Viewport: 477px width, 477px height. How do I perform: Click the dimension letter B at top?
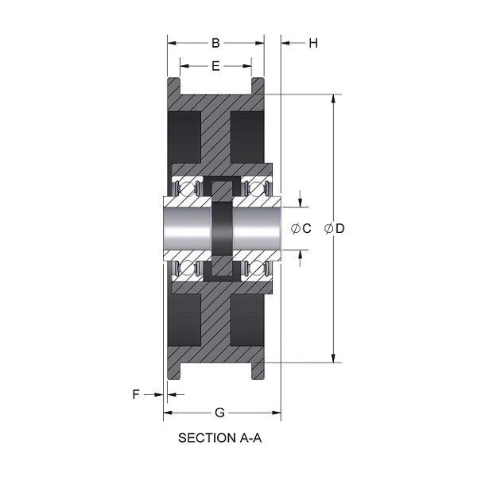click(x=215, y=43)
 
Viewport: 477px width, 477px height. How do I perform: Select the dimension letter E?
click(x=215, y=67)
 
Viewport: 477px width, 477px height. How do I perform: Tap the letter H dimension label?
click(x=313, y=43)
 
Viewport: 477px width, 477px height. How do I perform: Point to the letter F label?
click(x=136, y=394)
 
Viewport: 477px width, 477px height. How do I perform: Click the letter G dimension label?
click(x=220, y=412)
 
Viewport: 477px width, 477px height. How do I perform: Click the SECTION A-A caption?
click(x=219, y=437)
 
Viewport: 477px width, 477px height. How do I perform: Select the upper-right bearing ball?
click(x=256, y=189)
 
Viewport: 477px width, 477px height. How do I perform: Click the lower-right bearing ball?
click(x=256, y=269)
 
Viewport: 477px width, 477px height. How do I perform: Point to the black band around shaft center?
click(x=222, y=229)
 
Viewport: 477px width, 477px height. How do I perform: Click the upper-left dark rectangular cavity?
click(x=184, y=136)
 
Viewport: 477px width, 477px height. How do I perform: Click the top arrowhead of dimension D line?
click(x=332, y=99)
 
